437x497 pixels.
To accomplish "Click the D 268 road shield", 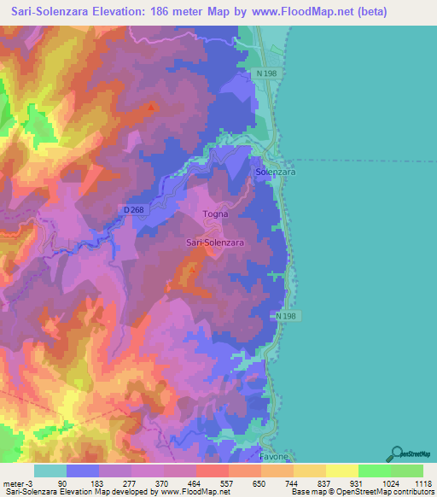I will (x=132, y=209).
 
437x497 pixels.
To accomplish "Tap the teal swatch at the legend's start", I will (x=50, y=471).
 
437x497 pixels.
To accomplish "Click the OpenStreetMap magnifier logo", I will (x=395, y=453).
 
